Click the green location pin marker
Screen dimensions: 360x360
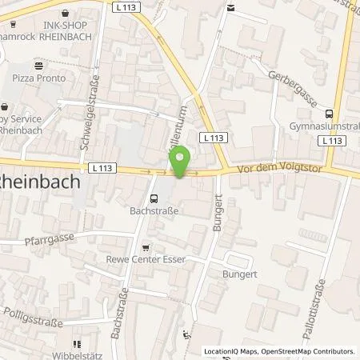(181, 162)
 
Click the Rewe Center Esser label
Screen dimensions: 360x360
(146, 258)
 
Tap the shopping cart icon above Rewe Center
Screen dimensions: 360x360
(145, 246)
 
